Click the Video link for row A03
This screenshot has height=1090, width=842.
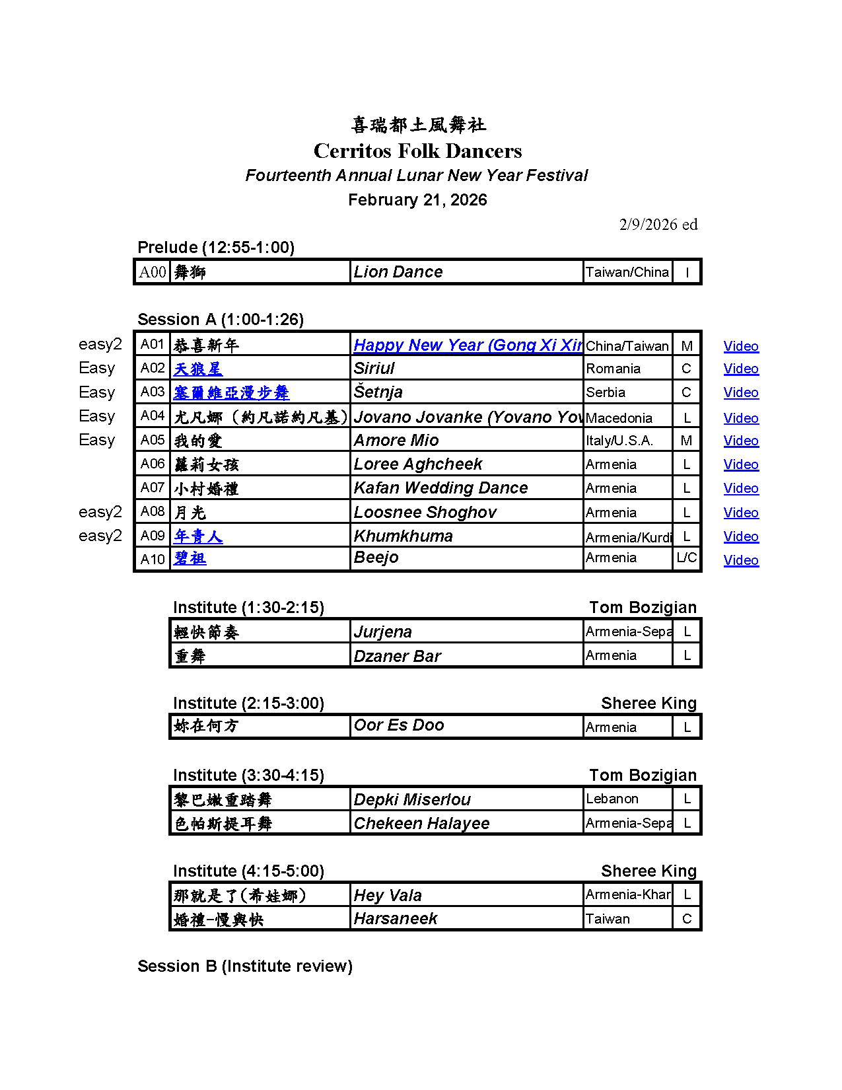pos(740,392)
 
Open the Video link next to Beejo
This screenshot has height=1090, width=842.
pos(740,560)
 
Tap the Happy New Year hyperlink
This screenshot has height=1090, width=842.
pos(467,345)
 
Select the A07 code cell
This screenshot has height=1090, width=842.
pos(152,488)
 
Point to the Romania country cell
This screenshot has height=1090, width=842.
pos(613,369)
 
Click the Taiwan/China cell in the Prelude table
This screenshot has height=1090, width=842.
pos(627,272)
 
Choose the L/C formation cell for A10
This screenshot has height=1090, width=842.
pos(686,558)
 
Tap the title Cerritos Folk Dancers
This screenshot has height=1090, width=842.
pos(417,151)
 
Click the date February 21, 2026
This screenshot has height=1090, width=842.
pos(417,200)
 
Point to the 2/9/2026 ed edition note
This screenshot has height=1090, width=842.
pos(658,225)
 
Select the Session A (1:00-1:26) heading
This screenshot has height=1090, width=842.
pos(220,320)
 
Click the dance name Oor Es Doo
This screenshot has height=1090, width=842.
pos(398,725)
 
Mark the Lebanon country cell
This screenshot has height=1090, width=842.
pos(612,799)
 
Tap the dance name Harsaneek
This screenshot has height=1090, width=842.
pos(395,918)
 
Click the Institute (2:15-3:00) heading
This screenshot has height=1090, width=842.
pos(248,703)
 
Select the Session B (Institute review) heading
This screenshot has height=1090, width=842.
pos(244,966)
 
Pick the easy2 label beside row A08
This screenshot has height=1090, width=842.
pos(100,512)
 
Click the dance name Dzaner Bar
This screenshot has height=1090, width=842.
pos(397,656)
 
